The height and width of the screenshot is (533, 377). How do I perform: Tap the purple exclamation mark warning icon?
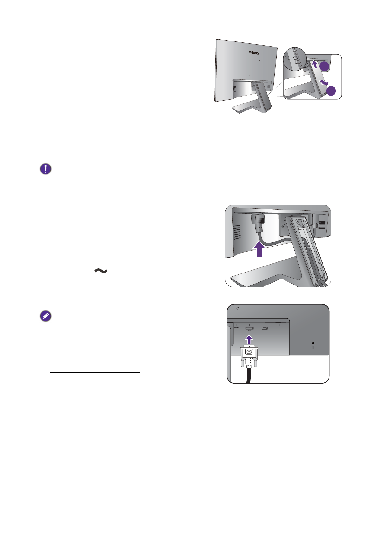[x=46, y=169]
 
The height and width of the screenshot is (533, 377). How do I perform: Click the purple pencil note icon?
[x=46, y=316]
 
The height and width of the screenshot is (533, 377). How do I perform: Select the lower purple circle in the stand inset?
[x=331, y=91]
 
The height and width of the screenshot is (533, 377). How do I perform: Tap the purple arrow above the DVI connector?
[x=250, y=340]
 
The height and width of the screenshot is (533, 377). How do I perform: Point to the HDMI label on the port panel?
[x=236, y=327]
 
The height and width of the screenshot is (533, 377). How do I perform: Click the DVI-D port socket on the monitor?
[x=249, y=328]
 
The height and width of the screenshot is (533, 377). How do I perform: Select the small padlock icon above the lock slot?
[x=313, y=343]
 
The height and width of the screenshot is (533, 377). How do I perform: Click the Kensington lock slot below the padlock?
[x=313, y=348]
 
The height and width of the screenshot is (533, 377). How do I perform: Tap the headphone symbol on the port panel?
[x=280, y=327]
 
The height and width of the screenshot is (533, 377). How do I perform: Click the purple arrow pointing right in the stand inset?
[x=323, y=83]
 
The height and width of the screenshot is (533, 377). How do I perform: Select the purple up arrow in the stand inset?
[x=314, y=65]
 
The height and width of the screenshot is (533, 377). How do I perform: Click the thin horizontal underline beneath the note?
[x=95, y=373]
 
